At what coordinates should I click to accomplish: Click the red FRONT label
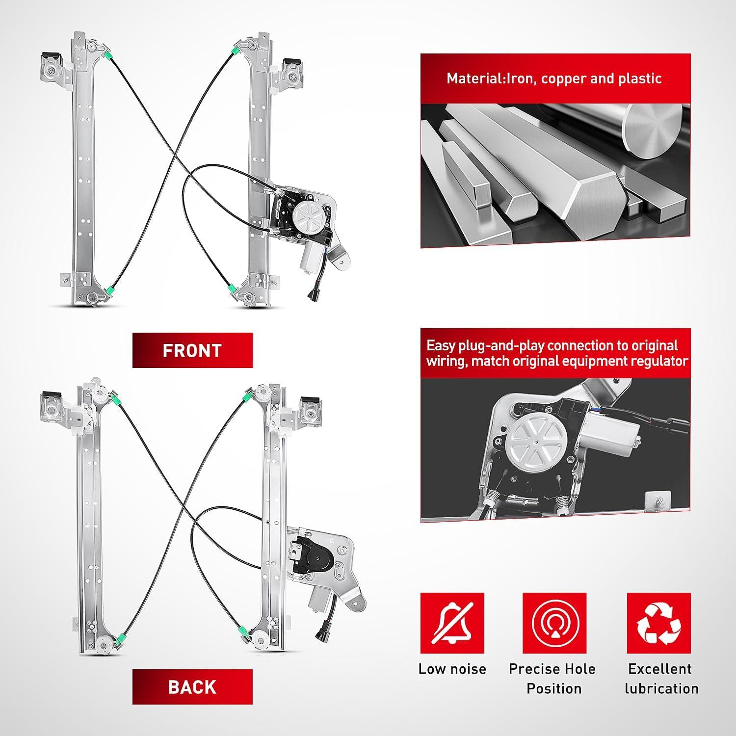click(192, 350)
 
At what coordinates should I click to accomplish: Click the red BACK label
click(192, 686)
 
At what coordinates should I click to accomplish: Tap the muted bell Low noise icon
click(452, 623)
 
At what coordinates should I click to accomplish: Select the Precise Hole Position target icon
click(554, 623)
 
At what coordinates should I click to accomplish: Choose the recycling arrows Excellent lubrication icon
click(659, 623)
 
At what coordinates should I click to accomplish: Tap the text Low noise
click(452, 669)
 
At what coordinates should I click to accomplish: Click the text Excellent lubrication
click(661, 679)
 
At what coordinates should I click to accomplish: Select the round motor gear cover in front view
click(305, 214)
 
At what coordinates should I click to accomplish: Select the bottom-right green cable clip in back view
click(242, 630)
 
